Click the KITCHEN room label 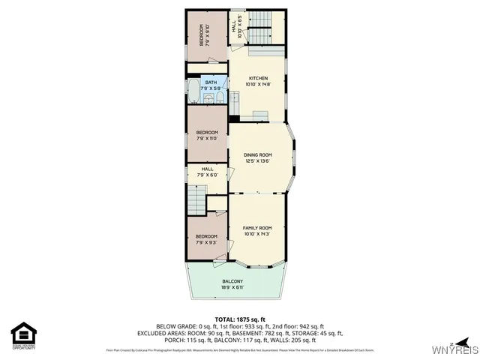click(258, 78)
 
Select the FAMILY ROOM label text click(256, 227)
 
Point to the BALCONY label click(232, 281)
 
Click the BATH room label click(211, 82)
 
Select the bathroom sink click(219, 96)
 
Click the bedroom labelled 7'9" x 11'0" click(206, 135)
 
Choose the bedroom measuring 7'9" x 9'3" click(206, 239)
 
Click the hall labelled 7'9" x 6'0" click(207, 172)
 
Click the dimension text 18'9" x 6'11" click(232, 286)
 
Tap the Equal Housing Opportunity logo click(24, 335)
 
